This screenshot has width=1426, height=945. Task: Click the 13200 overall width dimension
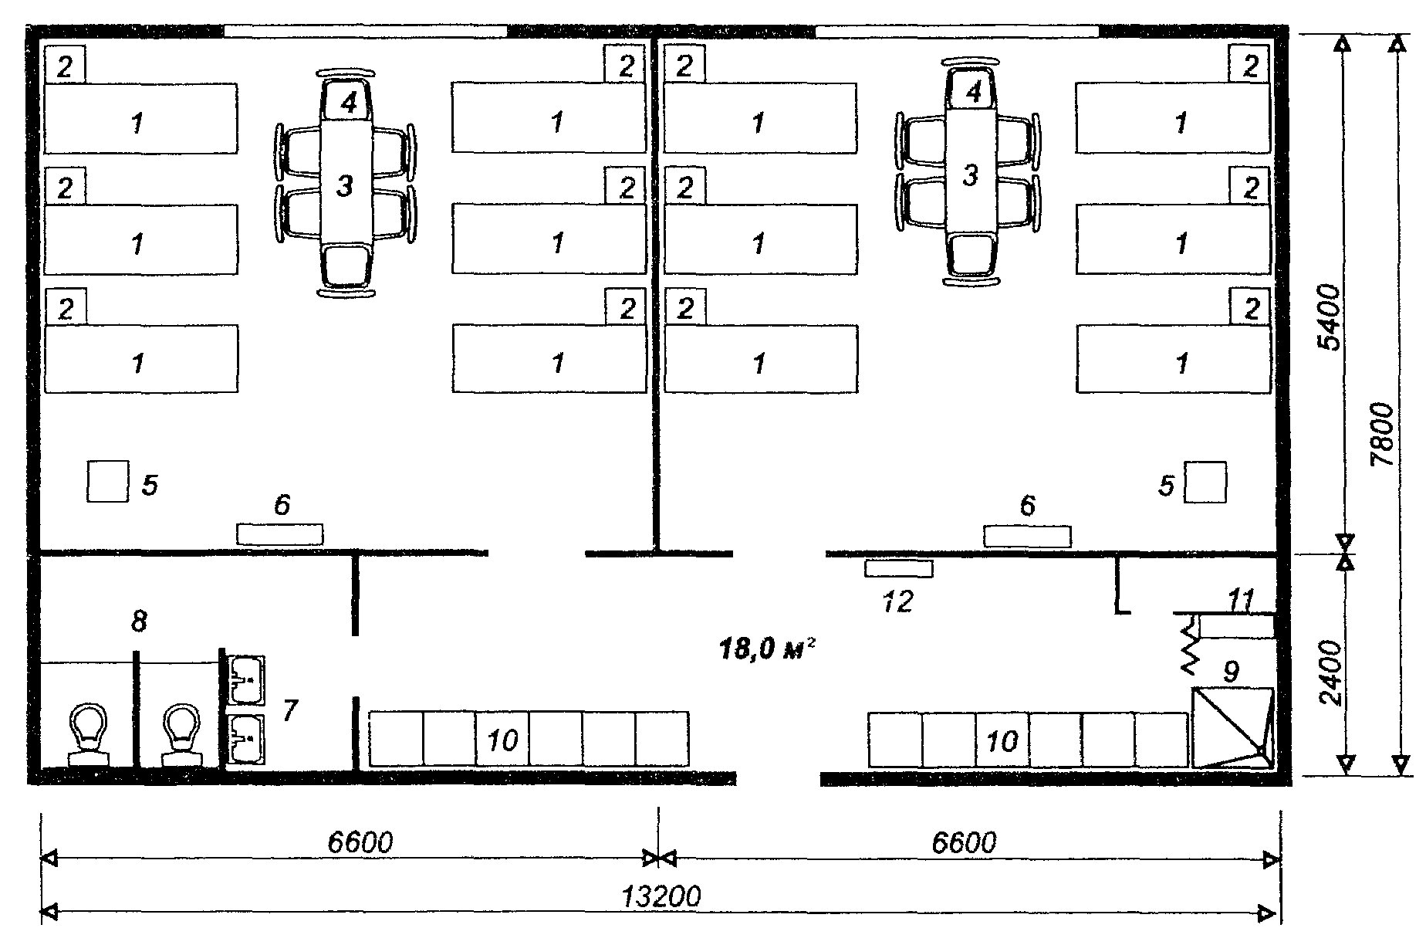[661, 897]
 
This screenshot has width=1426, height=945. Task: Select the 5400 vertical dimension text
[1330, 317]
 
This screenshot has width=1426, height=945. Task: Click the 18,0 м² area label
[767, 649]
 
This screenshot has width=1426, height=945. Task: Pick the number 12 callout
[897, 601]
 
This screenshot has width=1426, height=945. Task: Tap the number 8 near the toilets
[139, 621]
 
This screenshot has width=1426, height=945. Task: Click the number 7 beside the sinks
[289, 710]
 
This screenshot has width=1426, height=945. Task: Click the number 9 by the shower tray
[1232, 671]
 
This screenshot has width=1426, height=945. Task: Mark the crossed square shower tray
[1232, 727]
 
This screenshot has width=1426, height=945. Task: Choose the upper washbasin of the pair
[247, 680]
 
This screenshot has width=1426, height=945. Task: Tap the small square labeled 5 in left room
[107, 481]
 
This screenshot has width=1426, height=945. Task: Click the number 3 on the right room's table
[970, 175]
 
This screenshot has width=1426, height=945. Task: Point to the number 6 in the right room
[1027, 506]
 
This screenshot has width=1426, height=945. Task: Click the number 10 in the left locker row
[503, 740]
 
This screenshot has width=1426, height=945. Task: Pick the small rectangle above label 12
[899, 569]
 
